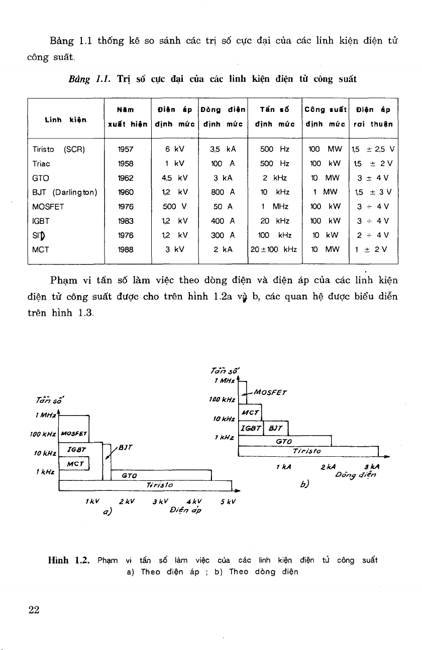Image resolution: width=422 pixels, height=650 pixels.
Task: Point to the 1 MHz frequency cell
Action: coord(274,205)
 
